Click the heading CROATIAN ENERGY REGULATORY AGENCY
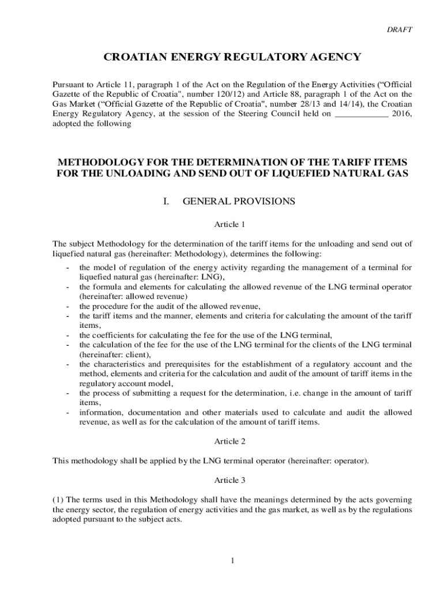click(232, 57)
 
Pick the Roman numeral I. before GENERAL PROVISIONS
click(167, 201)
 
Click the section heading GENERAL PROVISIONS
click(239, 201)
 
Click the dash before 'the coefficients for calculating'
click(68, 335)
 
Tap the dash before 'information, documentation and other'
click(68, 413)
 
